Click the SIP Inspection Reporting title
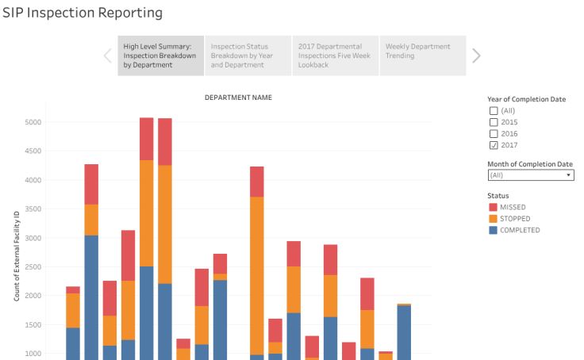(83, 13)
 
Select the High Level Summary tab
(161, 56)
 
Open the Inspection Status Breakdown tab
(248, 56)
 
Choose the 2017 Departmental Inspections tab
(335, 56)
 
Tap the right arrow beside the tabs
(476, 56)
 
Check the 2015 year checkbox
(494, 122)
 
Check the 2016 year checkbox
(494, 134)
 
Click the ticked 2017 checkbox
(494, 145)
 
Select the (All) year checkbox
(494, 111)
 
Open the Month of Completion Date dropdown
(530, 175)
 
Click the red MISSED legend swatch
(494, 207)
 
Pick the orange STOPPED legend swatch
(494, 219)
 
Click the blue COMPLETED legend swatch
(494, 231)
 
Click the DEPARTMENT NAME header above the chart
(238, 98)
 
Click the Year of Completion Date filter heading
(526, 99)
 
